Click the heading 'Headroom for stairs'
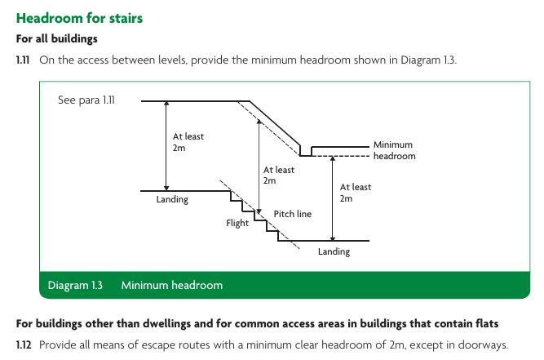pos(79,18)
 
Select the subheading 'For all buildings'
pos(56,38)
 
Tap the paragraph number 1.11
pos(24,60)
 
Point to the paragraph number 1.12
pos(24,344)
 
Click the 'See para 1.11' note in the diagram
pos(86,100)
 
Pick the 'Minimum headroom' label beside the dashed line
pos(394,150)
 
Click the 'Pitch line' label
pos(292,214)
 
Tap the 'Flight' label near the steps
pos(237,223)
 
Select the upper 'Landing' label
pos(172,199)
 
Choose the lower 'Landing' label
pos(334,251)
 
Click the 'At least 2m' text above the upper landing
pos(188,142)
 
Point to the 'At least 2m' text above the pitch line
pos(279,175)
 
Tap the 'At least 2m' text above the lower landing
pos(356,193)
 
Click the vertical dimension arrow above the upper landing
pos(166,146)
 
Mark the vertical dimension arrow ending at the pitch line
pos(259,167)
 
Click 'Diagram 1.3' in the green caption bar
pos(75,286)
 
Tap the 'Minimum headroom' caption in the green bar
pos(171,286)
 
